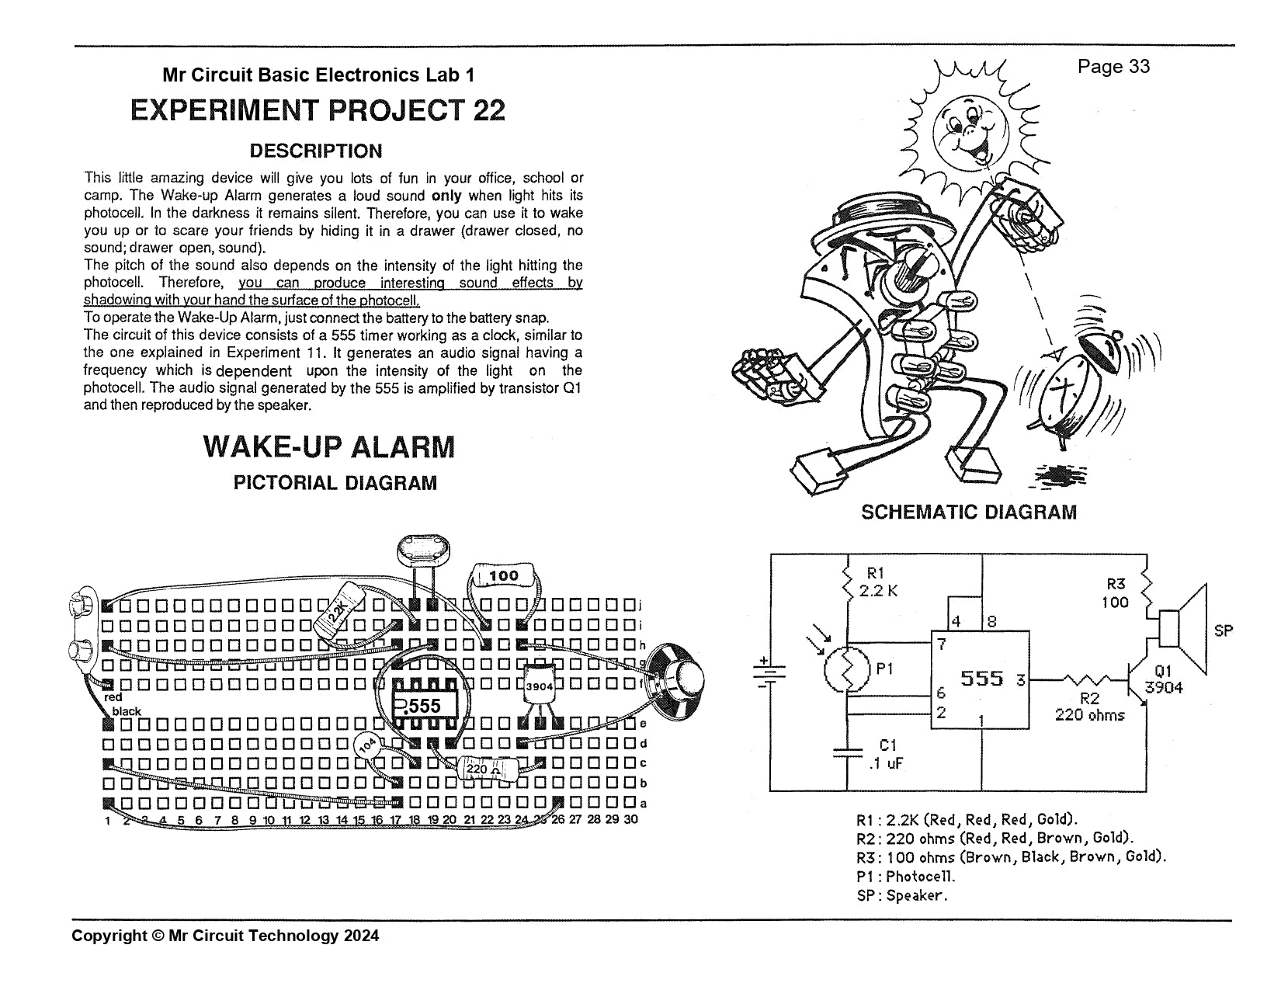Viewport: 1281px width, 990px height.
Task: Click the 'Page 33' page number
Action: pyautogui.click(x=1113, y=67)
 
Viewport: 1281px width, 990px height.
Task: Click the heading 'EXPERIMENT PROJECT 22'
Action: pyautogui.click(x=318, y=110)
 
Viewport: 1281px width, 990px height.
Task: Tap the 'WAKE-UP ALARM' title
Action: pyautogui.click(x=329, y=447)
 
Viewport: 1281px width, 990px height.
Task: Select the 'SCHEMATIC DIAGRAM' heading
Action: pyautogui.click(x=969, y=512)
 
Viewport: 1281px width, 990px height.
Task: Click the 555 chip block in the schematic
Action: pyautogui.click(x=981, y=679)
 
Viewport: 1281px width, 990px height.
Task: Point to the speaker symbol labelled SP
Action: pyautogui.click(x=1183, y=629)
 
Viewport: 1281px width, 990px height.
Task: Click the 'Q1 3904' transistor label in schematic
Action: pyautogui.click(x=1163, y=679)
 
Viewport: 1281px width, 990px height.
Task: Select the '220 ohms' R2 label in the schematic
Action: pyautogui.click(x=1088, y=715)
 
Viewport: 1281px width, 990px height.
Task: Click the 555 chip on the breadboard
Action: pyautogui.click(x=424, y=705)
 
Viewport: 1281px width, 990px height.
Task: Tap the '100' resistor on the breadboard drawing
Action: pyautogui.click(x=504, y=576)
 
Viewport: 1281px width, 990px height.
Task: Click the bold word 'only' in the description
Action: pyautogui.click(x=446, y=196)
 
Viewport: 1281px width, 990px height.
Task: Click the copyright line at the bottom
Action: pyautogui.click(x=225, y=936)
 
